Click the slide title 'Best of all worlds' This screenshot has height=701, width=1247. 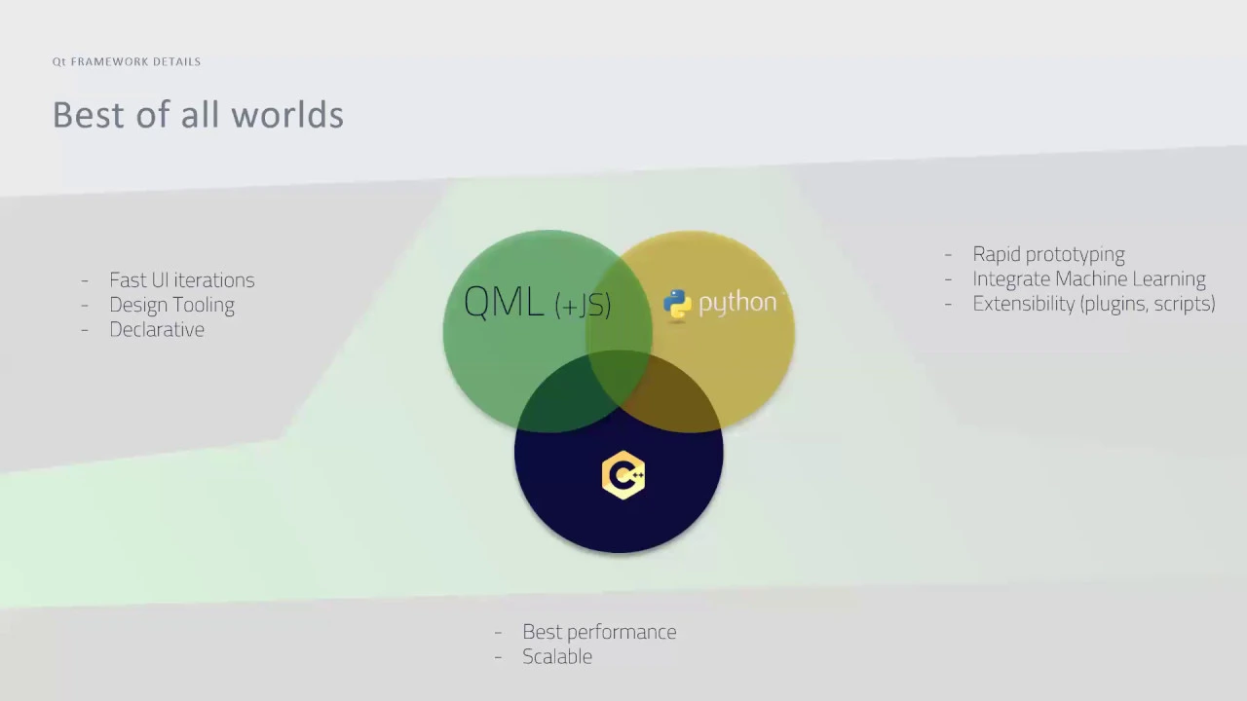click(x=198, y=115)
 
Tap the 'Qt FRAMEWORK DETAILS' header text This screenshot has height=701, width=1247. click(x=127, y=61)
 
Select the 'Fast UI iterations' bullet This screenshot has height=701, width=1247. click(x=182, y=279)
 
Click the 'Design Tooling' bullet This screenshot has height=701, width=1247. click(x=172, y=305)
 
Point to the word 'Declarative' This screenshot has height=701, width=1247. click(x=157, y=329)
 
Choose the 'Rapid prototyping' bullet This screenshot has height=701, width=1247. click(x=1049, y=255)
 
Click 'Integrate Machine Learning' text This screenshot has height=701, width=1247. click(x=1089, y=278)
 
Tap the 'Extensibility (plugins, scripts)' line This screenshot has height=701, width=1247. click(x=1094, y=304)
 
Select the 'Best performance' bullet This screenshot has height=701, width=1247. click(x=599, y=632)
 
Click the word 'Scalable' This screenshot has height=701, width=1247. click(x=557, y=656)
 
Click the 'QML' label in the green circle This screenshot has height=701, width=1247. click(x=504, y=302)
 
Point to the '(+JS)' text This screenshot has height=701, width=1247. click(x=583, y=306)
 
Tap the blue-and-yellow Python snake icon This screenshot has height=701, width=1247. click(x=677, y=304)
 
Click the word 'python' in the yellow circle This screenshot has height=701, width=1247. click(x=737, y=303)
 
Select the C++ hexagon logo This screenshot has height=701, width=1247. click(x=623, y=475)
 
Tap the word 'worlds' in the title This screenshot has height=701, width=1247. click(x=287, y=115)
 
